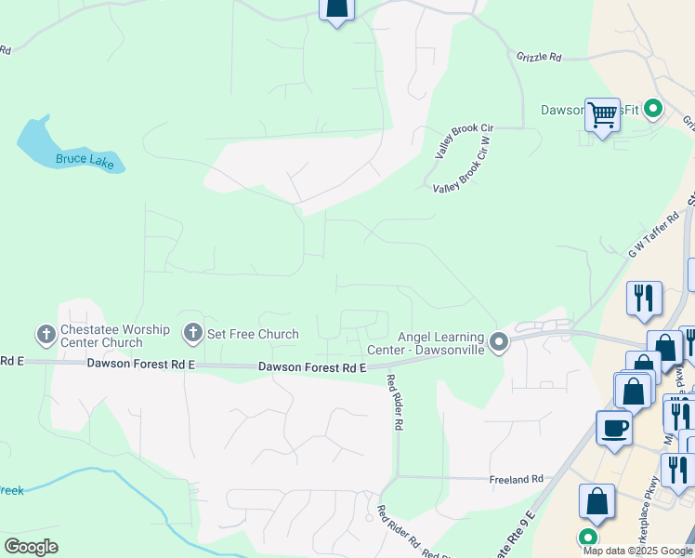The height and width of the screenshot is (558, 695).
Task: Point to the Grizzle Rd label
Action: (x=539, y=57)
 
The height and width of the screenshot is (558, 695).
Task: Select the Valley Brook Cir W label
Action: (x=473, y=168)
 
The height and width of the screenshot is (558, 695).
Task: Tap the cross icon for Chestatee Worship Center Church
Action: (x=46, y=334)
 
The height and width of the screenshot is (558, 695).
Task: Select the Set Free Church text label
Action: (x=253, y=334)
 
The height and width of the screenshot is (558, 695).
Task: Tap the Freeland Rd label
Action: (x=516, y=479)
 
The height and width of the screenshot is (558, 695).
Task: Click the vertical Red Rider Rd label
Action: (x=395, y=402)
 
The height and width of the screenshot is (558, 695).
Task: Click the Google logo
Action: (x=32, y=547)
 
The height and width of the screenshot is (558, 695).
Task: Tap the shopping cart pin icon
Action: (x=602, y=115)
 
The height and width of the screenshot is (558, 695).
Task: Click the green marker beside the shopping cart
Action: (x=653, y=109)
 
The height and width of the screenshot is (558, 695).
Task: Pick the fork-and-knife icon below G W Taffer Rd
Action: (x=644, y=299)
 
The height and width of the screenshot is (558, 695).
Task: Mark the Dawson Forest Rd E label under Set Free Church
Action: (x=312, y=368)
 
